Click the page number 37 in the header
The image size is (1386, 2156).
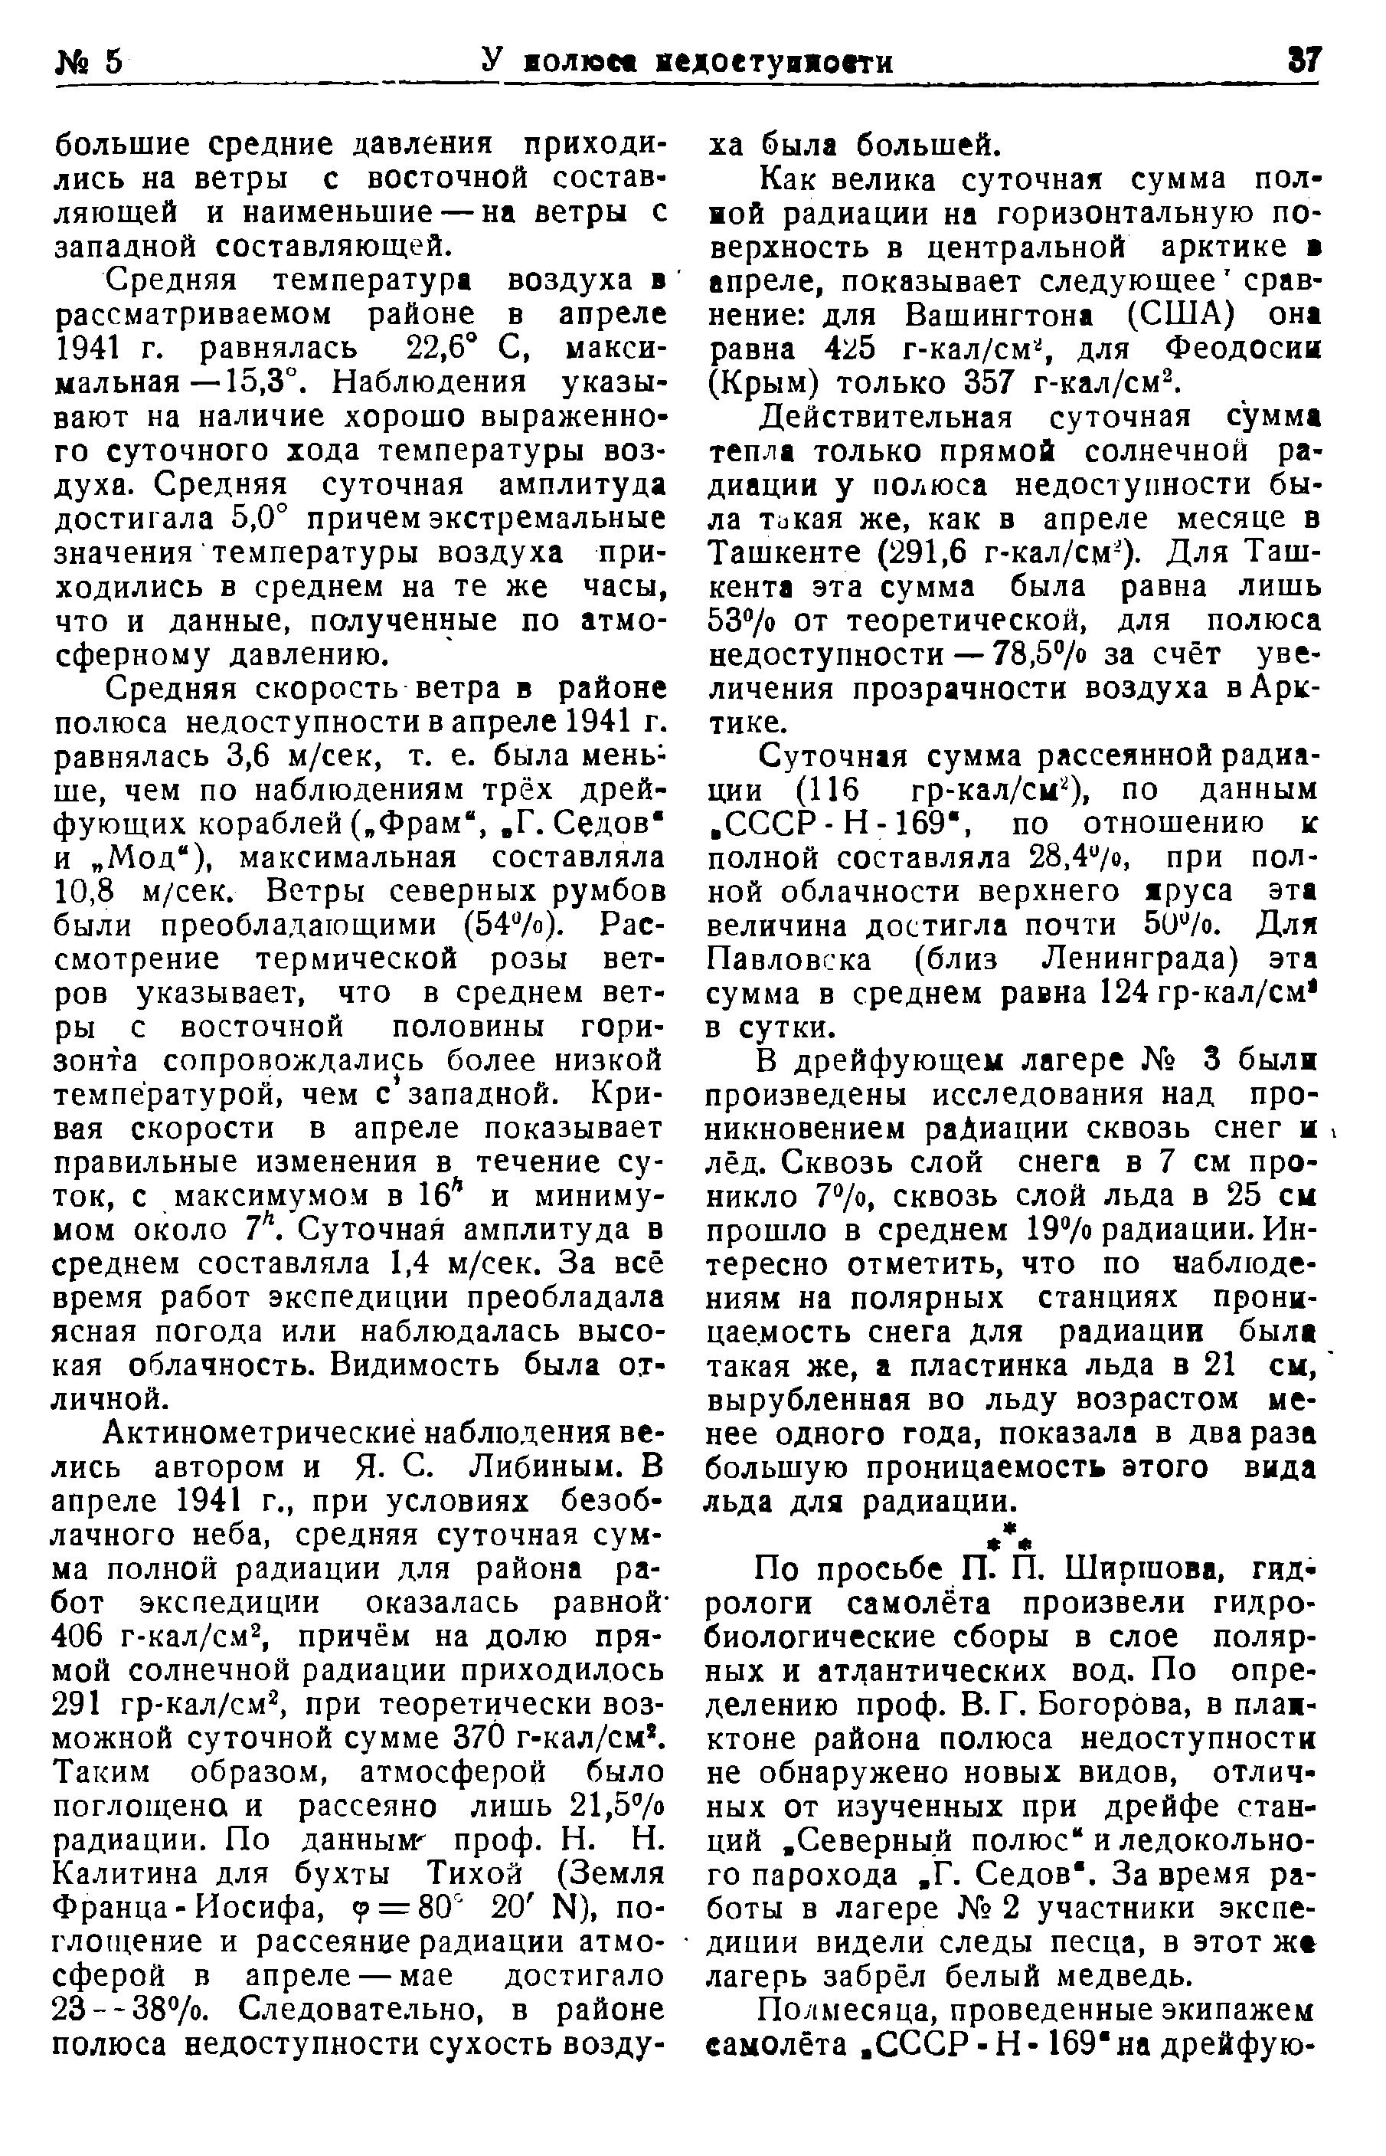[1302, 61]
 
